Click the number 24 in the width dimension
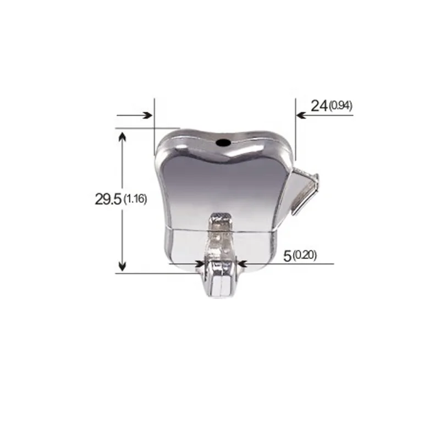tap(318, 106)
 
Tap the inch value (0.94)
tap(340, 106)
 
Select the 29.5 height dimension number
tap(107, 200)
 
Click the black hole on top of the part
tap(223, 142)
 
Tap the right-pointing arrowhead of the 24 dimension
tap(147, 116)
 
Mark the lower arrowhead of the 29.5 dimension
tap(122, 266)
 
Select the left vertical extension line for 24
tap(155, 127)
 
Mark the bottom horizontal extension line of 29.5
tap(143, 273)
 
